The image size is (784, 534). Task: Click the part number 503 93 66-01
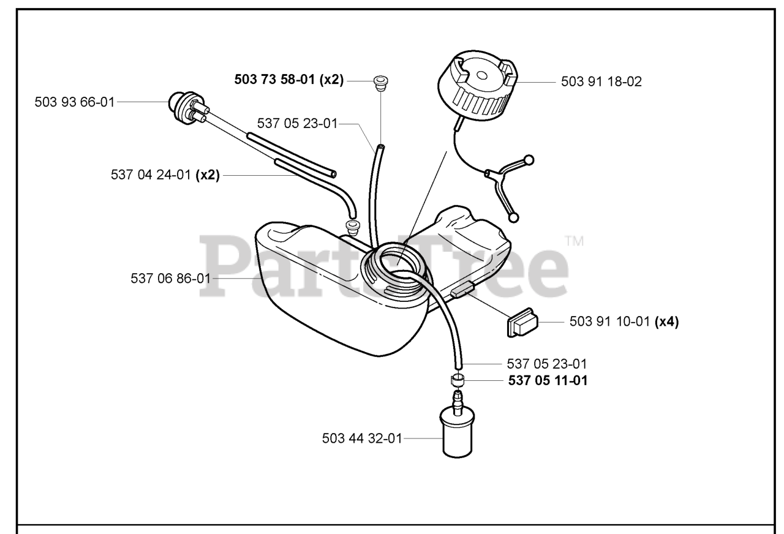[x=75, y=102]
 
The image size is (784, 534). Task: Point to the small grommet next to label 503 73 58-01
[x=380, y=81]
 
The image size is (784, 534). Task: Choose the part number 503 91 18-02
[x=601, y=81]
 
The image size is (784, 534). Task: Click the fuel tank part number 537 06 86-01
[x=170, y=278]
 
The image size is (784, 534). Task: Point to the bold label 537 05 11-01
[x=548, y=380]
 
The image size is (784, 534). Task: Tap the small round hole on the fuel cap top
[x=480, y=75]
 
